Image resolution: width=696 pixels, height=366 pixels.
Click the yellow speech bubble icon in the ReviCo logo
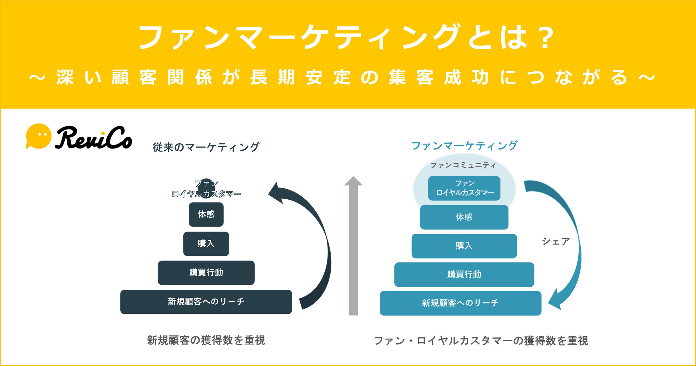(39, 136)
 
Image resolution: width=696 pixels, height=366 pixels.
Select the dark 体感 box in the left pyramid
(206, 214)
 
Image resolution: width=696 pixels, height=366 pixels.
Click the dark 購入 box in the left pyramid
(206, 244)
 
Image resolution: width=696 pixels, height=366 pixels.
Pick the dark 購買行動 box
(206, 272)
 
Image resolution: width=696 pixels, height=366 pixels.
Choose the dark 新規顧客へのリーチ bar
(206, 302)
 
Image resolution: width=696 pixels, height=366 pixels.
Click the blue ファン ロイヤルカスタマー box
(464, 188)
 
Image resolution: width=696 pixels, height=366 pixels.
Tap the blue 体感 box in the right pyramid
(464, 217)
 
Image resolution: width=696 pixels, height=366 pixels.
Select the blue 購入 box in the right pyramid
(464, 246)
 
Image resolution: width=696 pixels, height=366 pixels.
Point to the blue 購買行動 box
(464, 274)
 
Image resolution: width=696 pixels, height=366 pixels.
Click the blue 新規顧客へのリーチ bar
(460, 303)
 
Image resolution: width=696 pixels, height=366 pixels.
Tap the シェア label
(555, 241)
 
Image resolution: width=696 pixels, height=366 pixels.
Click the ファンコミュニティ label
(463, 165)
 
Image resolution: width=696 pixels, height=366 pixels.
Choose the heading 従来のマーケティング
(206, 147)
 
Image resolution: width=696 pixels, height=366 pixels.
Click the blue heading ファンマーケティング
(464, 145)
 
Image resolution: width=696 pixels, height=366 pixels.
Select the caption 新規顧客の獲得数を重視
(206, 340)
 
